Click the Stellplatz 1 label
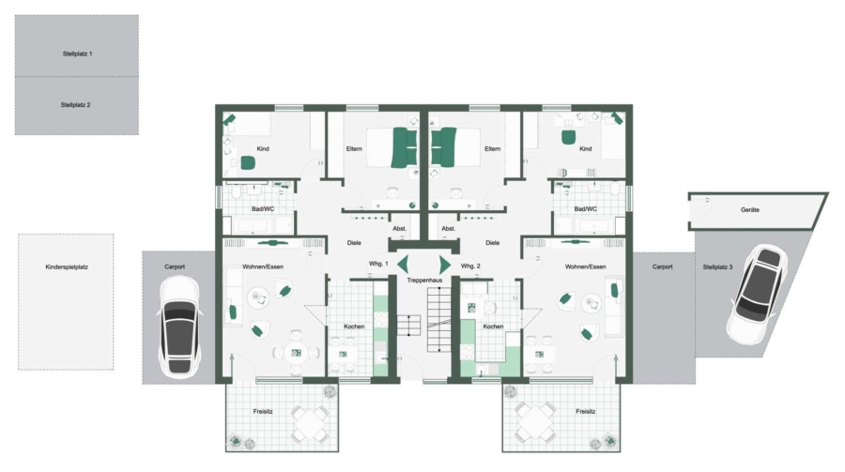click(x=77, y=53)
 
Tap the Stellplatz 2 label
click(x=75, y=105)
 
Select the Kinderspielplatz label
click(x=67, y=266)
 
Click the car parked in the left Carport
click(x=179, y=327)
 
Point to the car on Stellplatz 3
click(x=756, y=294)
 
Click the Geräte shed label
click(x=749, y=209)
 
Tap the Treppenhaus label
click(x=424, y=281)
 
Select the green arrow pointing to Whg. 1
click(x=403, y=265)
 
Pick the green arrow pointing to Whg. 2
click(x=445, y=265)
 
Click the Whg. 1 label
click(x=378, y=264)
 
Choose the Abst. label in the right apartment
click(x=449, y=228)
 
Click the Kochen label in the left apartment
click(x=354, y=326)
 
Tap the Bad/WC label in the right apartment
click(x=585, y=208)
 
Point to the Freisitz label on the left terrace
click(x=263, y=411)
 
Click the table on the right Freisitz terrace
click(x=534, y=421)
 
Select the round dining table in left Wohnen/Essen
click(x=296, y=354)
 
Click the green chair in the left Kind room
click(x=247, y=162)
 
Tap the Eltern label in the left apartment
click(x=354, y=148)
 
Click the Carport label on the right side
click(x=662, y=266)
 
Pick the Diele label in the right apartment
click(x=493, y=242)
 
